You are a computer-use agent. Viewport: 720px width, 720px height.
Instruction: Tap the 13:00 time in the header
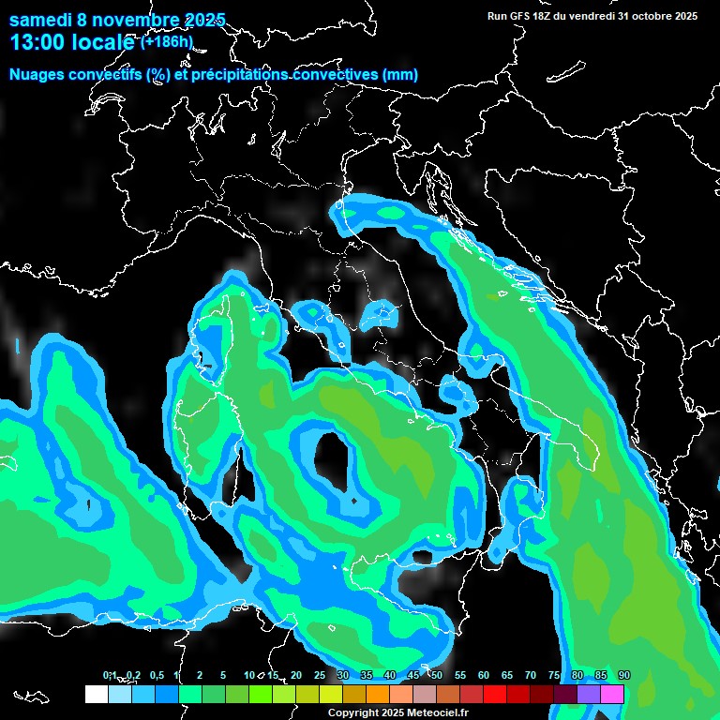point(37,42)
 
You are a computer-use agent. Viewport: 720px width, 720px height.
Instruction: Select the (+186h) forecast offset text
point(166,41)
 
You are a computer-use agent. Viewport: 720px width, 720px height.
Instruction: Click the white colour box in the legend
point(96,695)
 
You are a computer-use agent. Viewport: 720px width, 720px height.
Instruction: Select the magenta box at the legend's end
point(612,695)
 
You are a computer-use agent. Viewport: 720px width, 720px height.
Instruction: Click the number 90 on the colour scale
point(624,676)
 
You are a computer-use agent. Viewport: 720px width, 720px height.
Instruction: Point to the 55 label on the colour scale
point(460,676)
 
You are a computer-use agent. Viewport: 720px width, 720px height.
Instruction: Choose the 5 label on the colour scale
point(223,676)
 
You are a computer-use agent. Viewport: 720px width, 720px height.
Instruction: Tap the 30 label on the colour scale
point(343,676)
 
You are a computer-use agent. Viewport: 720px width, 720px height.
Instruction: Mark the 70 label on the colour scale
point(531,676)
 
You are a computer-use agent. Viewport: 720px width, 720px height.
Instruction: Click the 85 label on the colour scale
point(601,676)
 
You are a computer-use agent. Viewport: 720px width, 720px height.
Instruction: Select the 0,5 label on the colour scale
point(157,676)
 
